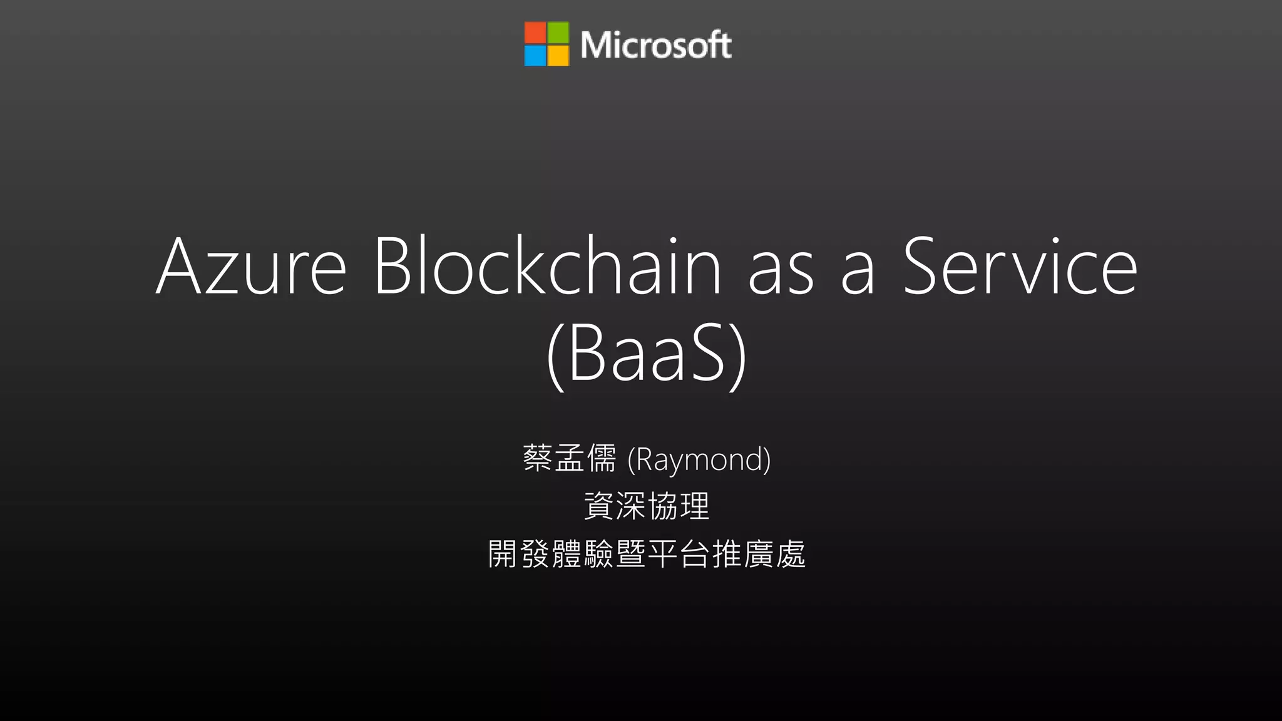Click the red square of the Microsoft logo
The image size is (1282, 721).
click(535, 33)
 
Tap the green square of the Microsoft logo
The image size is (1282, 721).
click(558, 33)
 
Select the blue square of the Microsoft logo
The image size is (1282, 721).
click(535, 56)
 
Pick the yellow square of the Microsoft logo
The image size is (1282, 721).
click(558, 56)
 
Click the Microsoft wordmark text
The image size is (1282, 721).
click(655, 44)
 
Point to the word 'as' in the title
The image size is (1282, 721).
click(781, 275)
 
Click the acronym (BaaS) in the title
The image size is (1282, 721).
click(647, 354)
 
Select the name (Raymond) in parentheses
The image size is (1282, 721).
click(699, 459)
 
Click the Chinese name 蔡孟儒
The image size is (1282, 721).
click(570, 458)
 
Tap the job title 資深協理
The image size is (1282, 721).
click(647, 506)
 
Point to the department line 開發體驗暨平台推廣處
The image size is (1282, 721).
click(647, 554)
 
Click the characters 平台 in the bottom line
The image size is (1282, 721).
click(679, 554)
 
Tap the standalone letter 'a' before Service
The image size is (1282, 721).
click(858, 275)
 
